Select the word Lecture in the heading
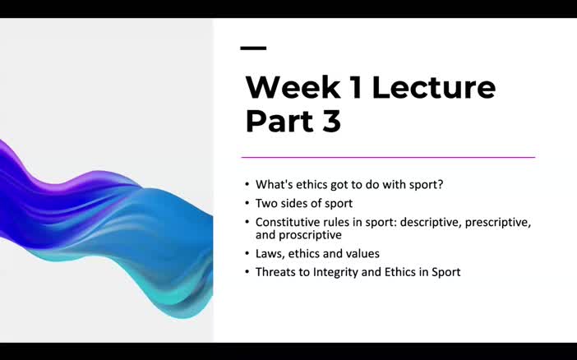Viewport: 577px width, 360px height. click(434, 87)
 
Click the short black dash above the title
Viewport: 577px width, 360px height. click(253, 48)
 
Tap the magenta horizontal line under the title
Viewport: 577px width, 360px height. click(387, 157)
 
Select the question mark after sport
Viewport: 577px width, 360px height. click(441, 184)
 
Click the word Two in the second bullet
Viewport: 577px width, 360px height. click(266, 203)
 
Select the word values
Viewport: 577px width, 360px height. click(362, 253)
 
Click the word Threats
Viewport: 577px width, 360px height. click(277, 271)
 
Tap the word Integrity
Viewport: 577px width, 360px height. click(335, 271)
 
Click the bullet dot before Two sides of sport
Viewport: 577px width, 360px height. click(247, 203)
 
